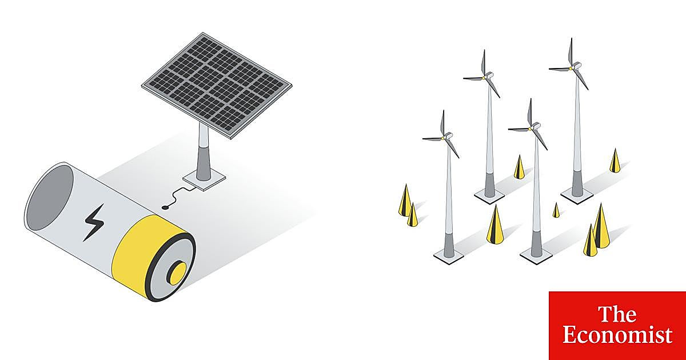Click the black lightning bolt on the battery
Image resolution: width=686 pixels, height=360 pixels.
click(x=94, y=222)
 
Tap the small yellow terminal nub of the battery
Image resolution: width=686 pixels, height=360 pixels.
click(x=178, y=274)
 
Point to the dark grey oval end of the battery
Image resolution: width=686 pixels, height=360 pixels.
click(x=51, y=197)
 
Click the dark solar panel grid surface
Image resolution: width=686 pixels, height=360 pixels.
click(x=216, y=85)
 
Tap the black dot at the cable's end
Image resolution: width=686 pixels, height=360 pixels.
click(x=165, y=208)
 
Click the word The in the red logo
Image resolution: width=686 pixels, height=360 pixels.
click(x=617, y=314)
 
